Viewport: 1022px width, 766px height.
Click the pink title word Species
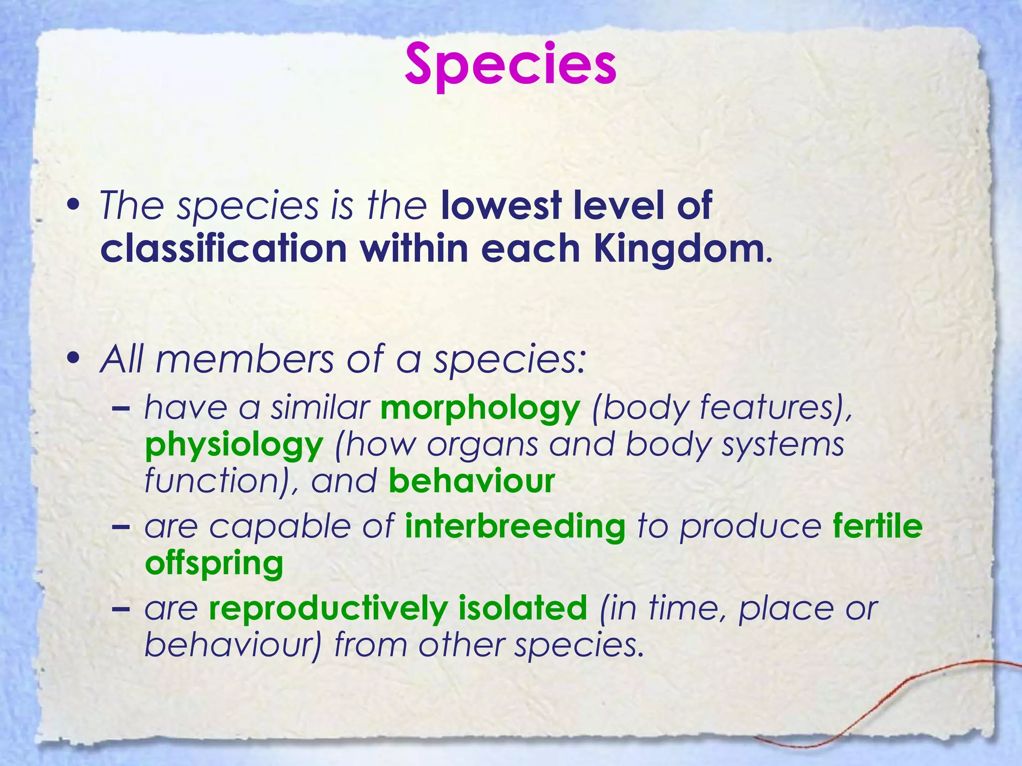click(x=511, y=65)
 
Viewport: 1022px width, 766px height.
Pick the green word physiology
click(x=234, y=446)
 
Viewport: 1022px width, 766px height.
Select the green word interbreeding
click(x=515, y=527)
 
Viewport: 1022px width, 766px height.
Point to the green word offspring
click(x=214, y=564)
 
